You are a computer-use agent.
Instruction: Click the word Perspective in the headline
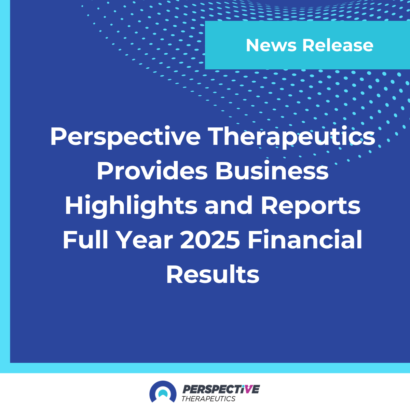point(125,136)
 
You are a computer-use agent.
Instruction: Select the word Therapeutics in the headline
point(292,136)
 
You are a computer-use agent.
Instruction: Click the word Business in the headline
point(272,171)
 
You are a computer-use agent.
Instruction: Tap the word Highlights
point(131,206)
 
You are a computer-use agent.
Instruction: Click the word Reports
point(311,206)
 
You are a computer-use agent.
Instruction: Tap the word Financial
point(305,240)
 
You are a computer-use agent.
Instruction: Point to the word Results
point(213,275)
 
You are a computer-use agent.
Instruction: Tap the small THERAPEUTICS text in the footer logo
point(208,399)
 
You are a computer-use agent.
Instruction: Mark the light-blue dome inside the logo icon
point(163,394)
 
